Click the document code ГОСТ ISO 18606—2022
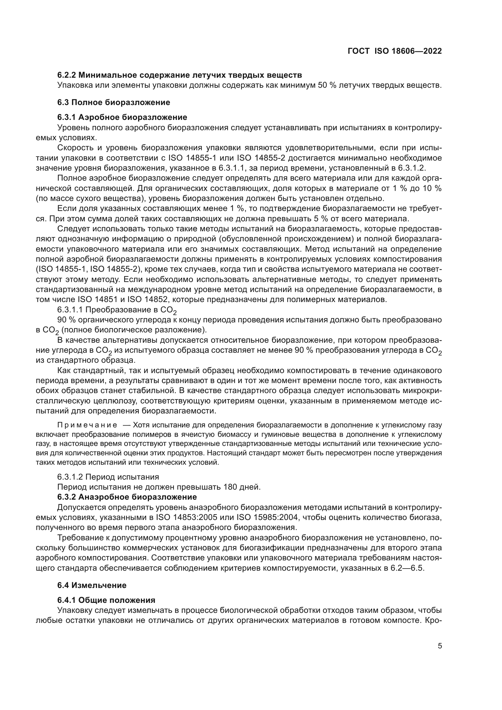[x=395, y=51]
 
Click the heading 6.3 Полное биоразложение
[x=114, y=102]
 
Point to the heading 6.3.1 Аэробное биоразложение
[x=122, y=117]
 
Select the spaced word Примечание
[x=87, y=425]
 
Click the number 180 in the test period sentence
[x=231, y=487]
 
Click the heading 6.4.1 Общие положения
[x=106, y=600]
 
